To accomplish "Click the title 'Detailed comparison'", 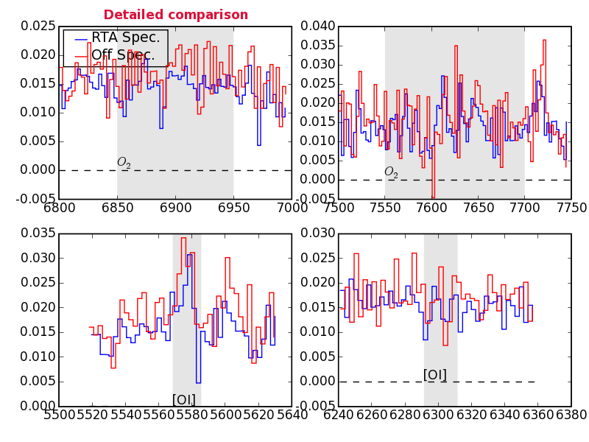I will [x=175, y=15].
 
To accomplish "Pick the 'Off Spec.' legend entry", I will [x=122, y=55].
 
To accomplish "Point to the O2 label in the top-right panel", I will [x=391, y=172].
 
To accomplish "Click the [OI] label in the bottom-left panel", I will [x=184, y=399].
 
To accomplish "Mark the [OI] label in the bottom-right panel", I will [x=435, y=374].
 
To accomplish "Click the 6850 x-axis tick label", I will [x=118, y=207].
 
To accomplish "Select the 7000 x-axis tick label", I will [x=292, y=207].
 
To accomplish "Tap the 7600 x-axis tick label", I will [x=431, y=207].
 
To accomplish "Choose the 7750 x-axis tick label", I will [x=571, y=207].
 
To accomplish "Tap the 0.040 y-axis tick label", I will [x=316, y=27].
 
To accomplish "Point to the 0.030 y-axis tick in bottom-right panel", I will [x=316, y=234].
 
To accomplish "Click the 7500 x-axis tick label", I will [x=339, y=207].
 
